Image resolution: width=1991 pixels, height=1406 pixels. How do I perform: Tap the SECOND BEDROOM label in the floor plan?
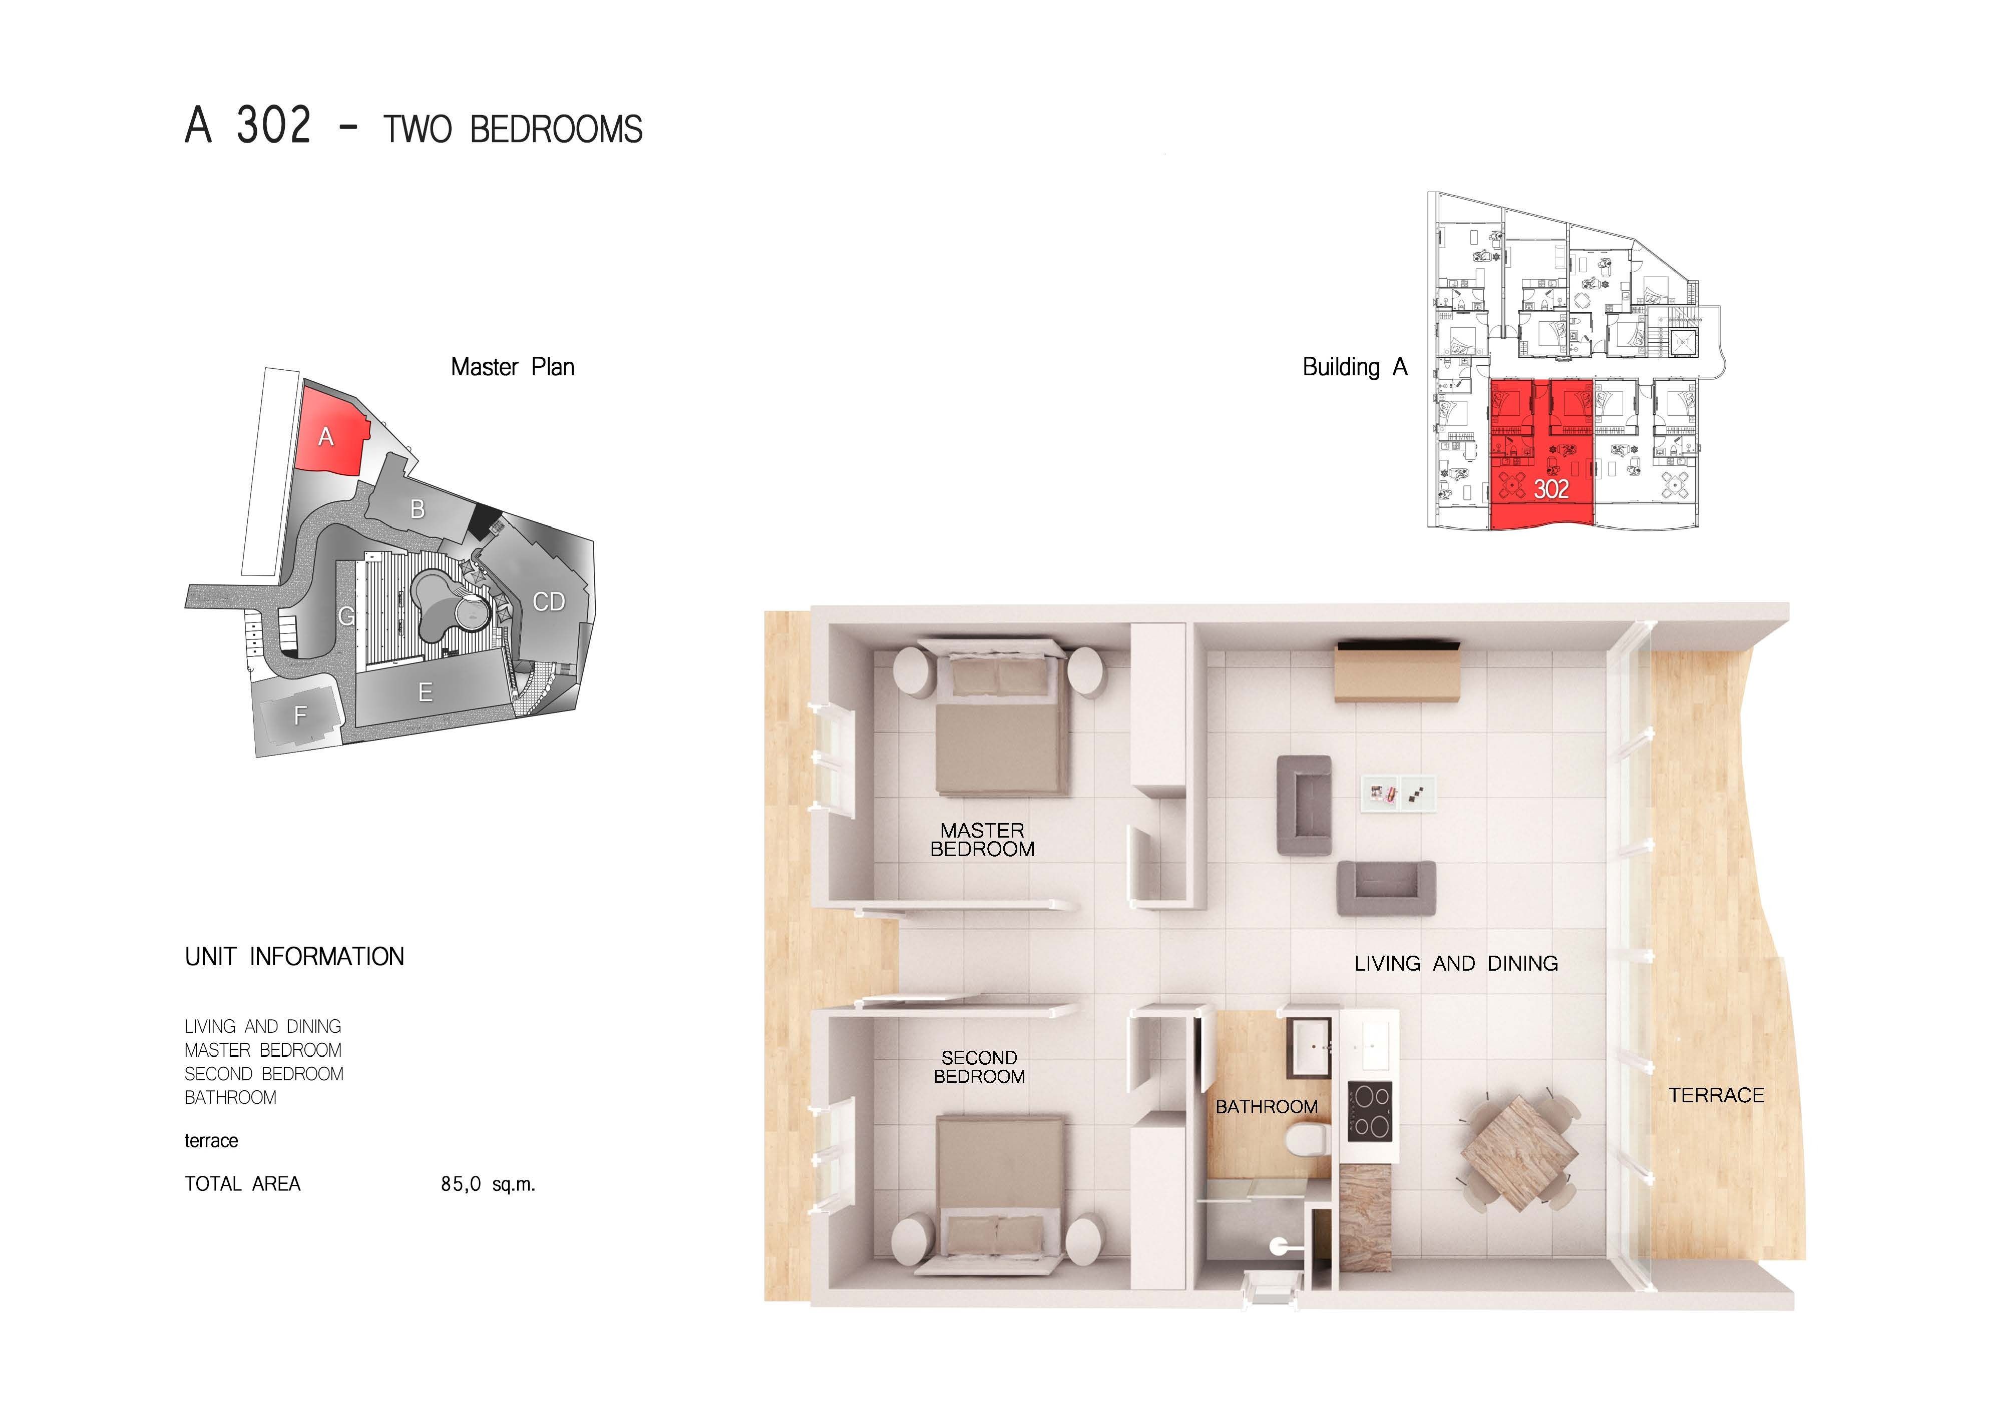click(x=979, y=1067)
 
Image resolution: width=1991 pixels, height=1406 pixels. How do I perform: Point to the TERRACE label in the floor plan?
click(x=1716, y=1095)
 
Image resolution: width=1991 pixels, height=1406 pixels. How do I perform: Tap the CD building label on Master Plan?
click(x=549, y=601)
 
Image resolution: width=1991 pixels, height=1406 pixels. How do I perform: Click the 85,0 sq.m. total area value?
click(x=487, y=1184)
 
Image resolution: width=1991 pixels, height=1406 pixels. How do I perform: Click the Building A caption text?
click(x=1355, y=367)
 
